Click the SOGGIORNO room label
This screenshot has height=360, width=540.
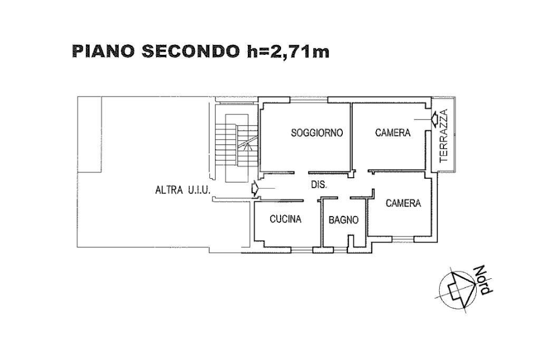coord(317,133)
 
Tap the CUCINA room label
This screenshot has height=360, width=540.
coord(285,219)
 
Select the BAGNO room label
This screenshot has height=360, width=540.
coord(344,220)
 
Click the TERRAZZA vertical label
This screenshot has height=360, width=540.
coord(443,135)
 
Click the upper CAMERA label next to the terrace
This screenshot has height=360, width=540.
coord(392,133)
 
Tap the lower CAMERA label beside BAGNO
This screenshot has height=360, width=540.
coord(403,203)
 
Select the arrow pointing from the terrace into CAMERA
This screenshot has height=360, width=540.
coord(434,119)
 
